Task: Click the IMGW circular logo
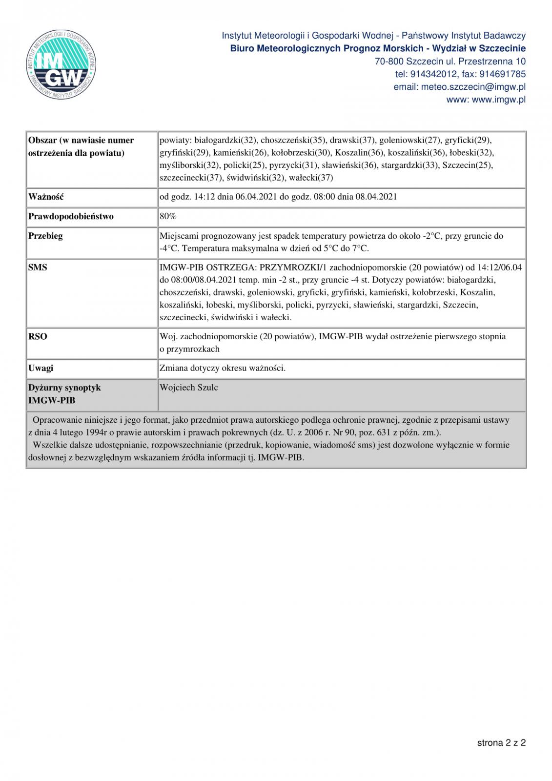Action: coord(61,65)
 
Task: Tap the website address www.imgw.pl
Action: coord(499,100)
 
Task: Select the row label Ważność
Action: coord(46,197)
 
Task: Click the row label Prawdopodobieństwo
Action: coord(71,216)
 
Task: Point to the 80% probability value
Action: coord(168,216)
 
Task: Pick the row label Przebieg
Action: coord(45,236)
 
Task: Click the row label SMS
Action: coord(38,267)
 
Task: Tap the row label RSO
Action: coord(38,337)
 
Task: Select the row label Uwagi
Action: coord(41,368)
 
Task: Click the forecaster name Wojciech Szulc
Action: coord(188,388)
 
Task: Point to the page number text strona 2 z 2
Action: coord(501,743)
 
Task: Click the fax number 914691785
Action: coord(503,74)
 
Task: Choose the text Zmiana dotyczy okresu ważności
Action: coord(223,368)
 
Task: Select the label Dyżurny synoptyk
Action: coord(64,388)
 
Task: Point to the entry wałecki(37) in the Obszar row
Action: coord(311,178)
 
